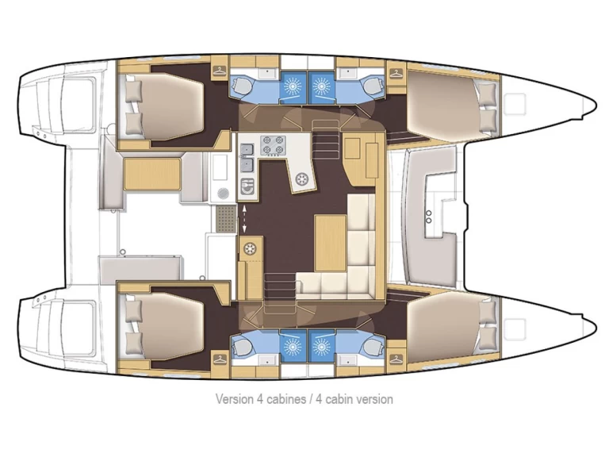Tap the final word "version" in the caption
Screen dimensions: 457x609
[373, 399]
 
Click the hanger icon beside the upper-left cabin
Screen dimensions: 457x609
[217, 72]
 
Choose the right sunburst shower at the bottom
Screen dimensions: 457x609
[323, 346]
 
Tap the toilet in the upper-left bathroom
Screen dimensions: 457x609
[243, 85]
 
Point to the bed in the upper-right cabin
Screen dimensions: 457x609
[450, 104]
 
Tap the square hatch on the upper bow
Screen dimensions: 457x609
[517, 101]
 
